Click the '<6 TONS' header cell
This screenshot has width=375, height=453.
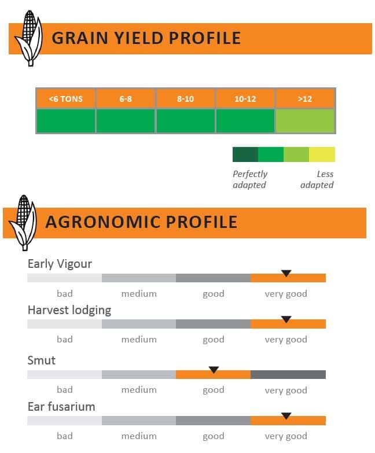click(x=65, y=99)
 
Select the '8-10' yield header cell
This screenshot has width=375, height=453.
click(x=185, y=99)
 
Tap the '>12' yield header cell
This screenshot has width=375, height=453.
click(x=305, y=99)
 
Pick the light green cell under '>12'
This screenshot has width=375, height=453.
click(x=305, y=121)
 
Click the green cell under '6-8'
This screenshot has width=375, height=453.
click(x=126, y=121)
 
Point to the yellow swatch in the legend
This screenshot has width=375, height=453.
click(x=322, y=154)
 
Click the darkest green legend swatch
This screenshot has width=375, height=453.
click(x=245, y=154)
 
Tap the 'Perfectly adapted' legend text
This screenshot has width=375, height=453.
click(x=250, y=179)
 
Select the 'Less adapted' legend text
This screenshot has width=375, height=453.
click(x=317, y=179)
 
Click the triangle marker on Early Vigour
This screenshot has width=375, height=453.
click(x=286, y=273)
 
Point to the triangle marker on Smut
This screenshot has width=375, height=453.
click(x=214, y=370)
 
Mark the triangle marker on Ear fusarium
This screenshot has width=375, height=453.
click(x=286, y=416)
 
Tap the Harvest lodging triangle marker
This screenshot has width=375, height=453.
click(x=286, y=319)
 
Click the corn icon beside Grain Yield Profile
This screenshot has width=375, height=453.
click(x=29, y=38)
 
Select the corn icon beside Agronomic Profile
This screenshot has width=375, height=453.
click(x=23, y=223)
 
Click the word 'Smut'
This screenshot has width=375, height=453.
click(x=41, y=360)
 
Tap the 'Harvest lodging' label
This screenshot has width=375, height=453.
click(x=69, y=311)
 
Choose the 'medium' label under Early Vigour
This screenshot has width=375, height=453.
click(x=139, y=293)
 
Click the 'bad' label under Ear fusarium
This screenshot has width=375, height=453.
click(x=65, y=436)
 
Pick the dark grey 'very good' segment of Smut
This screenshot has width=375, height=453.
click(x=288, y=374)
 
